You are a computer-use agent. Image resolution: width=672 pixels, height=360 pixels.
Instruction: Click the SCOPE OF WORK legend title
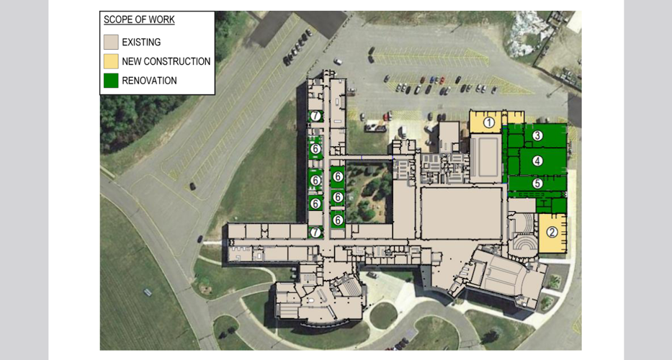(139, 19)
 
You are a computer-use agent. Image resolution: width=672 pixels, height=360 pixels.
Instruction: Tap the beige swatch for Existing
(111, 42)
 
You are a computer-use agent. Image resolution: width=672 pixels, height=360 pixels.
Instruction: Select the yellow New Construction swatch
(111, 61)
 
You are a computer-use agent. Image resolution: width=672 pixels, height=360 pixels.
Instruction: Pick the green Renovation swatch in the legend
(111, 81)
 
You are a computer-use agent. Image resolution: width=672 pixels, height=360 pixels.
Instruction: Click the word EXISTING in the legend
(141, 42)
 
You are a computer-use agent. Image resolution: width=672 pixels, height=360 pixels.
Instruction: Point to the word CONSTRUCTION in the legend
(177, 62)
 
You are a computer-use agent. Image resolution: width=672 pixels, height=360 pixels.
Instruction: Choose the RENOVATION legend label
(149, 81)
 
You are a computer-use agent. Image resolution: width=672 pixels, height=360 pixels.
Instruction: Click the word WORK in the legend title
(162, 19)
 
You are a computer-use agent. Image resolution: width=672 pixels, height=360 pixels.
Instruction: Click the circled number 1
(489, 122)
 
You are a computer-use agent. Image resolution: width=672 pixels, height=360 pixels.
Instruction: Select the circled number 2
(552, 232)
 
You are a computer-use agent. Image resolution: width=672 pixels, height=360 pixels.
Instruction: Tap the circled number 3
(537, 135)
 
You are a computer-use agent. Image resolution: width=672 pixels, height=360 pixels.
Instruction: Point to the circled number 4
(537, 161)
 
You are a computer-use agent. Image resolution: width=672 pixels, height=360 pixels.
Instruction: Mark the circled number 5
(537, 184)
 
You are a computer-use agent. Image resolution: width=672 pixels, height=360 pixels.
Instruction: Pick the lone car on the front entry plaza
(373, 274)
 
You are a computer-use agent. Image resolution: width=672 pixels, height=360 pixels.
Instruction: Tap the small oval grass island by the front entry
(382, 315)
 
